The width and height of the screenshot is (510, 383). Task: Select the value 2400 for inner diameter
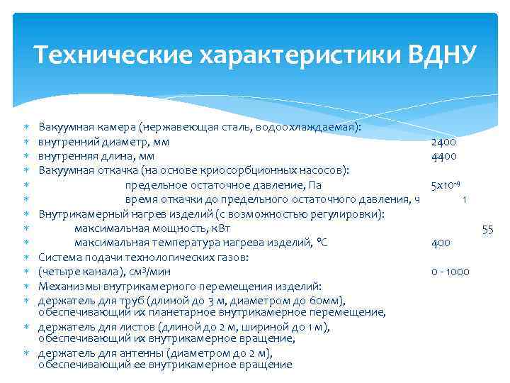[443, 142]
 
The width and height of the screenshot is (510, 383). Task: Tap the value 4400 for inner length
[443, 156]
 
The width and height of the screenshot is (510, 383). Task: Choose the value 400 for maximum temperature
[441, 243]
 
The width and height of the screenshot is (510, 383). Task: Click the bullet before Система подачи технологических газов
[25, 257]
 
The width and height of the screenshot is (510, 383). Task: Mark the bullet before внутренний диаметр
[25, 142]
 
